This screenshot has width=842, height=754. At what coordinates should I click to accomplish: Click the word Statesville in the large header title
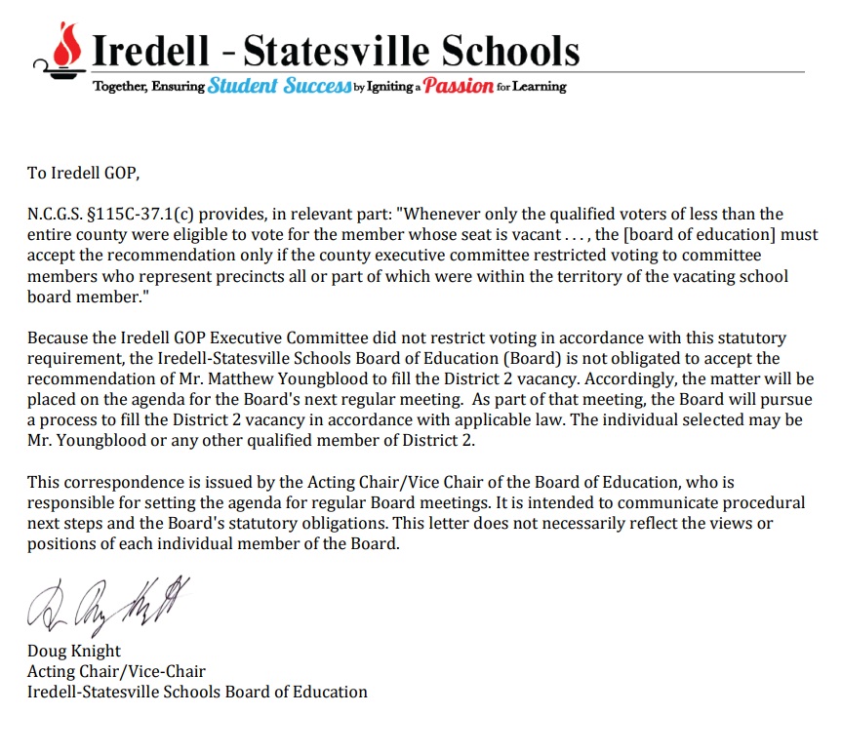coord(337,50)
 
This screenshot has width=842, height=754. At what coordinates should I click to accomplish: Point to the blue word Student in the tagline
coord(242,86)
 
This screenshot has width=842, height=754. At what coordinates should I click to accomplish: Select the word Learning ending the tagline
coord(541,86)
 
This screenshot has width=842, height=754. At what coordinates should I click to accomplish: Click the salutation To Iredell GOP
coord(84,174)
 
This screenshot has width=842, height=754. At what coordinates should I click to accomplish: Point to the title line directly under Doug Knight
coord(116,671)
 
